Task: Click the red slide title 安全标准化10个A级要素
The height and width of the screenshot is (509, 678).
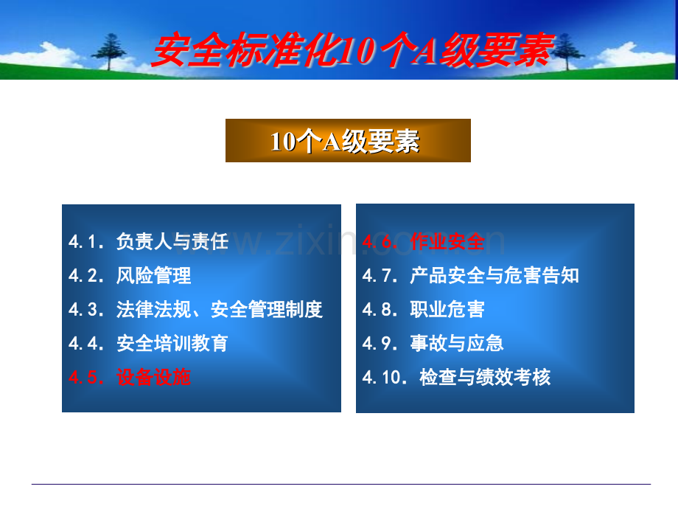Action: [x=353, y=51]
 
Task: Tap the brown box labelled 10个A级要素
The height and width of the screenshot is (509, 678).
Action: [x=348, y=141]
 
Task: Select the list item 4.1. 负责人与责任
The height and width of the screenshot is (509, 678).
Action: [x=148, y=241]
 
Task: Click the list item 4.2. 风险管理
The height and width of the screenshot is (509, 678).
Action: [x=130, y=275]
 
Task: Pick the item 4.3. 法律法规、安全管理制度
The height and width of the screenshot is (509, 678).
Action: [x=195, y=310]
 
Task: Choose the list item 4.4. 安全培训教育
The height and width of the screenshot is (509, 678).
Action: [x=148, y=343]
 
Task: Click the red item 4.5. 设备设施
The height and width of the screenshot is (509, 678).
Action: [x=130, y=377]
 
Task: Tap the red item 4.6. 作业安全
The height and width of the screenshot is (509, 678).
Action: [x=424, y=241]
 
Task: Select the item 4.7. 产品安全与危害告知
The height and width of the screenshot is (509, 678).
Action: [x=471, y=275]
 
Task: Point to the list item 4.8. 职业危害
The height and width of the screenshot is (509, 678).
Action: [x=424, y=310]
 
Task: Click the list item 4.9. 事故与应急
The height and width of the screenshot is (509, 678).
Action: [x=433, y=343]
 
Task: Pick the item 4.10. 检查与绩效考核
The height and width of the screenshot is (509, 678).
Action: [x=457, y=377]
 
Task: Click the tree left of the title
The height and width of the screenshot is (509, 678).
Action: [x=109, y=52]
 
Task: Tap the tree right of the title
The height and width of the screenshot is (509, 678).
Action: [x=567, y=52]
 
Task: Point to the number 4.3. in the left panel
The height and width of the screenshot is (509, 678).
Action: [x=86, y=310]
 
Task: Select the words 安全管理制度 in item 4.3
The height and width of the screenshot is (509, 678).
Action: [x=267, y=310]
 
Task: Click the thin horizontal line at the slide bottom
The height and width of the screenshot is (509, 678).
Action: [x=341, y=484]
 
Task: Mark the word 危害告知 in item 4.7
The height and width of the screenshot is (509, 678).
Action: [x=542, y=275]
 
